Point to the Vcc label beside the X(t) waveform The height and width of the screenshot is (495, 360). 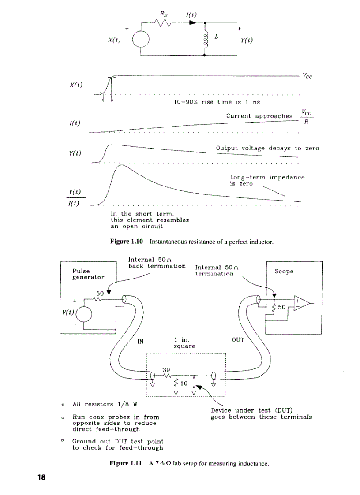[308, 75]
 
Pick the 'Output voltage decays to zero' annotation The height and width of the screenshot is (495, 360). [267, 149]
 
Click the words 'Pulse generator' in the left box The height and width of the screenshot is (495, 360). [88, 274]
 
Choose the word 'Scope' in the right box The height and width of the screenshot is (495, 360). [284, 272]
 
